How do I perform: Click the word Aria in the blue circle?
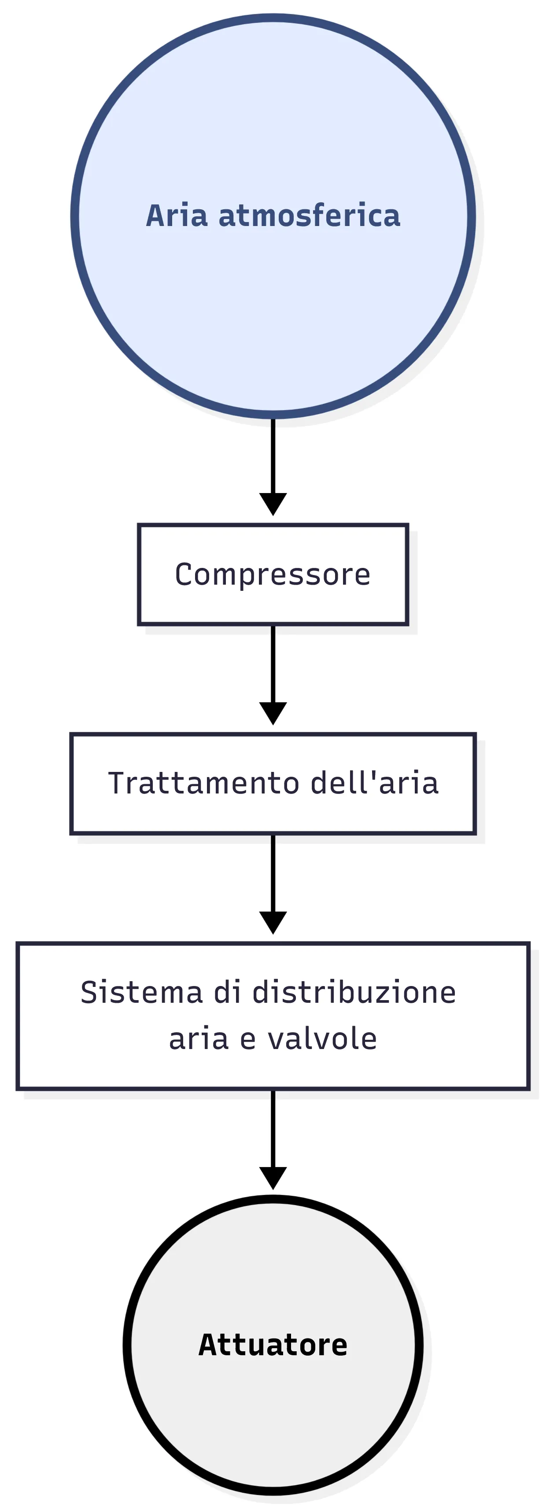pos(176,215)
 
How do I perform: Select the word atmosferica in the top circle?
pos(309,215)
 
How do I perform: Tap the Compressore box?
pos(273,574)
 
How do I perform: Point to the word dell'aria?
pos(375,783)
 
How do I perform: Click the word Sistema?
pos(141,992)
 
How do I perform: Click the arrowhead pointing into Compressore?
pos(273,503)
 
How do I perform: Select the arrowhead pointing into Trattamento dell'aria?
pos(273,712)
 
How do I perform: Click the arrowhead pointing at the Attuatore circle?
pos(273,1177)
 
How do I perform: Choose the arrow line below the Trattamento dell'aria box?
pos(273,873)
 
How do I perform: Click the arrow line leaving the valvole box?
pos(273,1127)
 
